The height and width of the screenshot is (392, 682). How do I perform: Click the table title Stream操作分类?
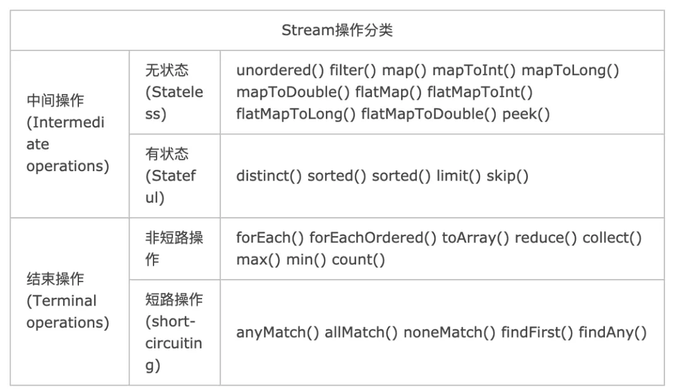point(337,30)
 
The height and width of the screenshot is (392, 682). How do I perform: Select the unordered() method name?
point(280,70)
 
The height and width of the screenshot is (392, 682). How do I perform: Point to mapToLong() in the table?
point(570,70)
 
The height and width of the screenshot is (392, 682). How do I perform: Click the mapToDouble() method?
point(292,92)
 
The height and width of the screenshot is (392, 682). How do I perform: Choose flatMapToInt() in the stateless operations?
point(480,92)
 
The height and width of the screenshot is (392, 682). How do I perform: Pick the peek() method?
point(526,114)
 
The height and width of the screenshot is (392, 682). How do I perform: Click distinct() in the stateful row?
point(269,175)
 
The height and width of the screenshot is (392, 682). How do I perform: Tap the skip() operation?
point(507,175)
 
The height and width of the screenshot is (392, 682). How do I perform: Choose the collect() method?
point(611,238)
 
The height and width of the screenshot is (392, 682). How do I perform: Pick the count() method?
point(358,259)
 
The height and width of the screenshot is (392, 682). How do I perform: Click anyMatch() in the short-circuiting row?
point(277,333)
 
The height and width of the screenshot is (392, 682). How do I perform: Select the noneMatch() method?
point(449,333)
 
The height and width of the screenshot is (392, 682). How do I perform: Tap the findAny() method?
point(613,333)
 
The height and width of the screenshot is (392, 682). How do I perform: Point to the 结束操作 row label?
point(56,279)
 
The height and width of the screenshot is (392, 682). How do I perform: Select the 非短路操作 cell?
point(174,248)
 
